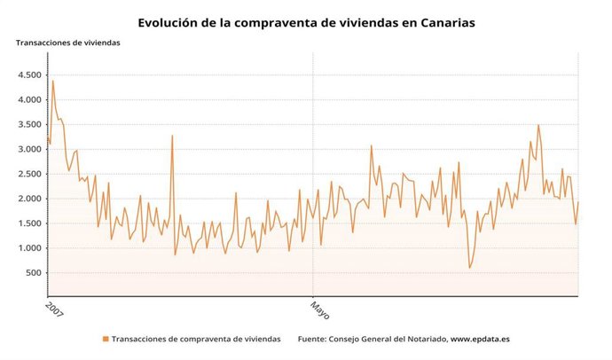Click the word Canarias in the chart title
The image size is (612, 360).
pyautogui.click(x=437, y=22)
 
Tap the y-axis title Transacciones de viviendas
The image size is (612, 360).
pyautogui.click(x=67, y=42)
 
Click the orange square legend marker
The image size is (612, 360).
pyautogui.click(x=105, y=339)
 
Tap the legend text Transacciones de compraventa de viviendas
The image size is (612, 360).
pyautogui.click(x=196, y=339)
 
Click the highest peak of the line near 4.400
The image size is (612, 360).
pyautogui.click(x=52, y=81)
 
